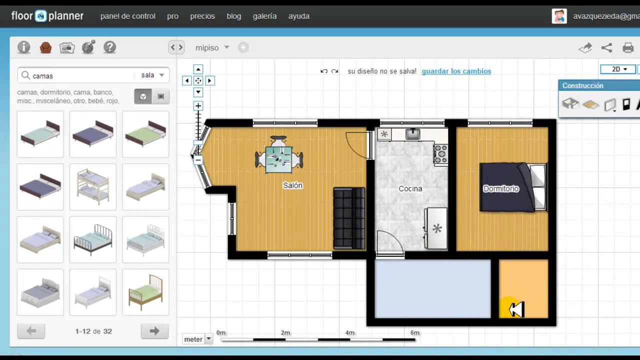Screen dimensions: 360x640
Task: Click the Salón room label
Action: point(292,185)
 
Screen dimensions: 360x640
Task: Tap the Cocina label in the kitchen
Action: point(410,189)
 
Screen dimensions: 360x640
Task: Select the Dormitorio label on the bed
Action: point(500,189)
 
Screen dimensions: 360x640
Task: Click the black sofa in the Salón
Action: point(349,218)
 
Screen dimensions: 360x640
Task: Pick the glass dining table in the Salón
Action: point(278,159)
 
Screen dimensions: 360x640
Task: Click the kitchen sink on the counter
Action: point(412,133)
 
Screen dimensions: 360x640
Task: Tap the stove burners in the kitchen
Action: point(440,154)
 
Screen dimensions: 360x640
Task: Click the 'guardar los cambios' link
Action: point(456,71)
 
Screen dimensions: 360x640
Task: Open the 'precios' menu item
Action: point(202,16)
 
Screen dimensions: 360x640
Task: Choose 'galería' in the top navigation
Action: point(264,16)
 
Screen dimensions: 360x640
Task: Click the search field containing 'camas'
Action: point(80,75)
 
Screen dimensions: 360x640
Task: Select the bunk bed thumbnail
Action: point(92,186)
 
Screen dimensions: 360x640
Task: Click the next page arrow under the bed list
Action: point(154,331)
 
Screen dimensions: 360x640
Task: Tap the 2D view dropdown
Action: point(618,69)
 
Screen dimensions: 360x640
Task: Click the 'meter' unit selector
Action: point(197,339)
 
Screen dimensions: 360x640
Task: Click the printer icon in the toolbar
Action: point(628,48)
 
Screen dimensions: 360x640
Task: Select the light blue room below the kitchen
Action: point(432,289)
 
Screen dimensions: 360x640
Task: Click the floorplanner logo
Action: point(47,16)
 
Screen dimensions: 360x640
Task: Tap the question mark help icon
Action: point(109,47)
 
